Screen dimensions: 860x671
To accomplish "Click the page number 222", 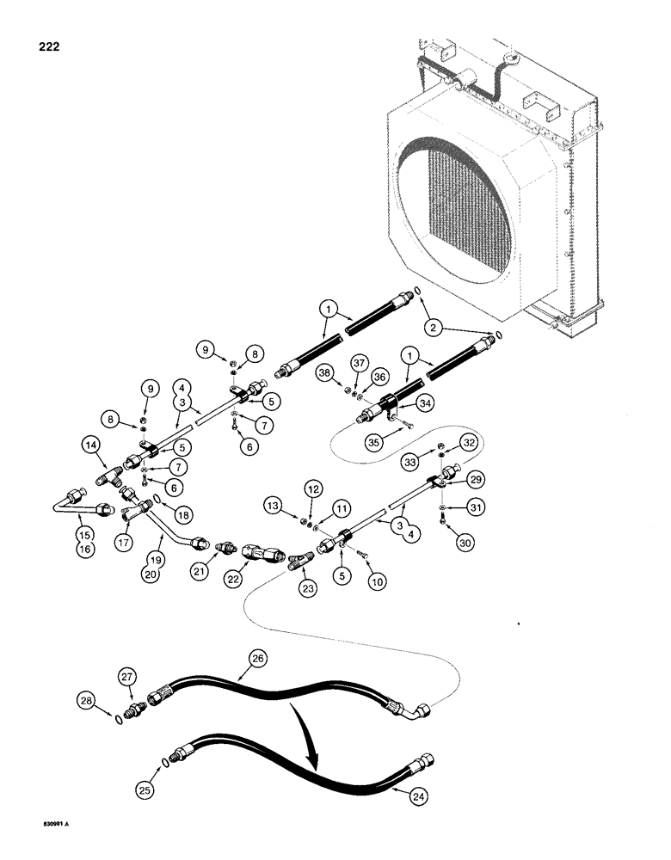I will pyautogui.click(x=28, y=42).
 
